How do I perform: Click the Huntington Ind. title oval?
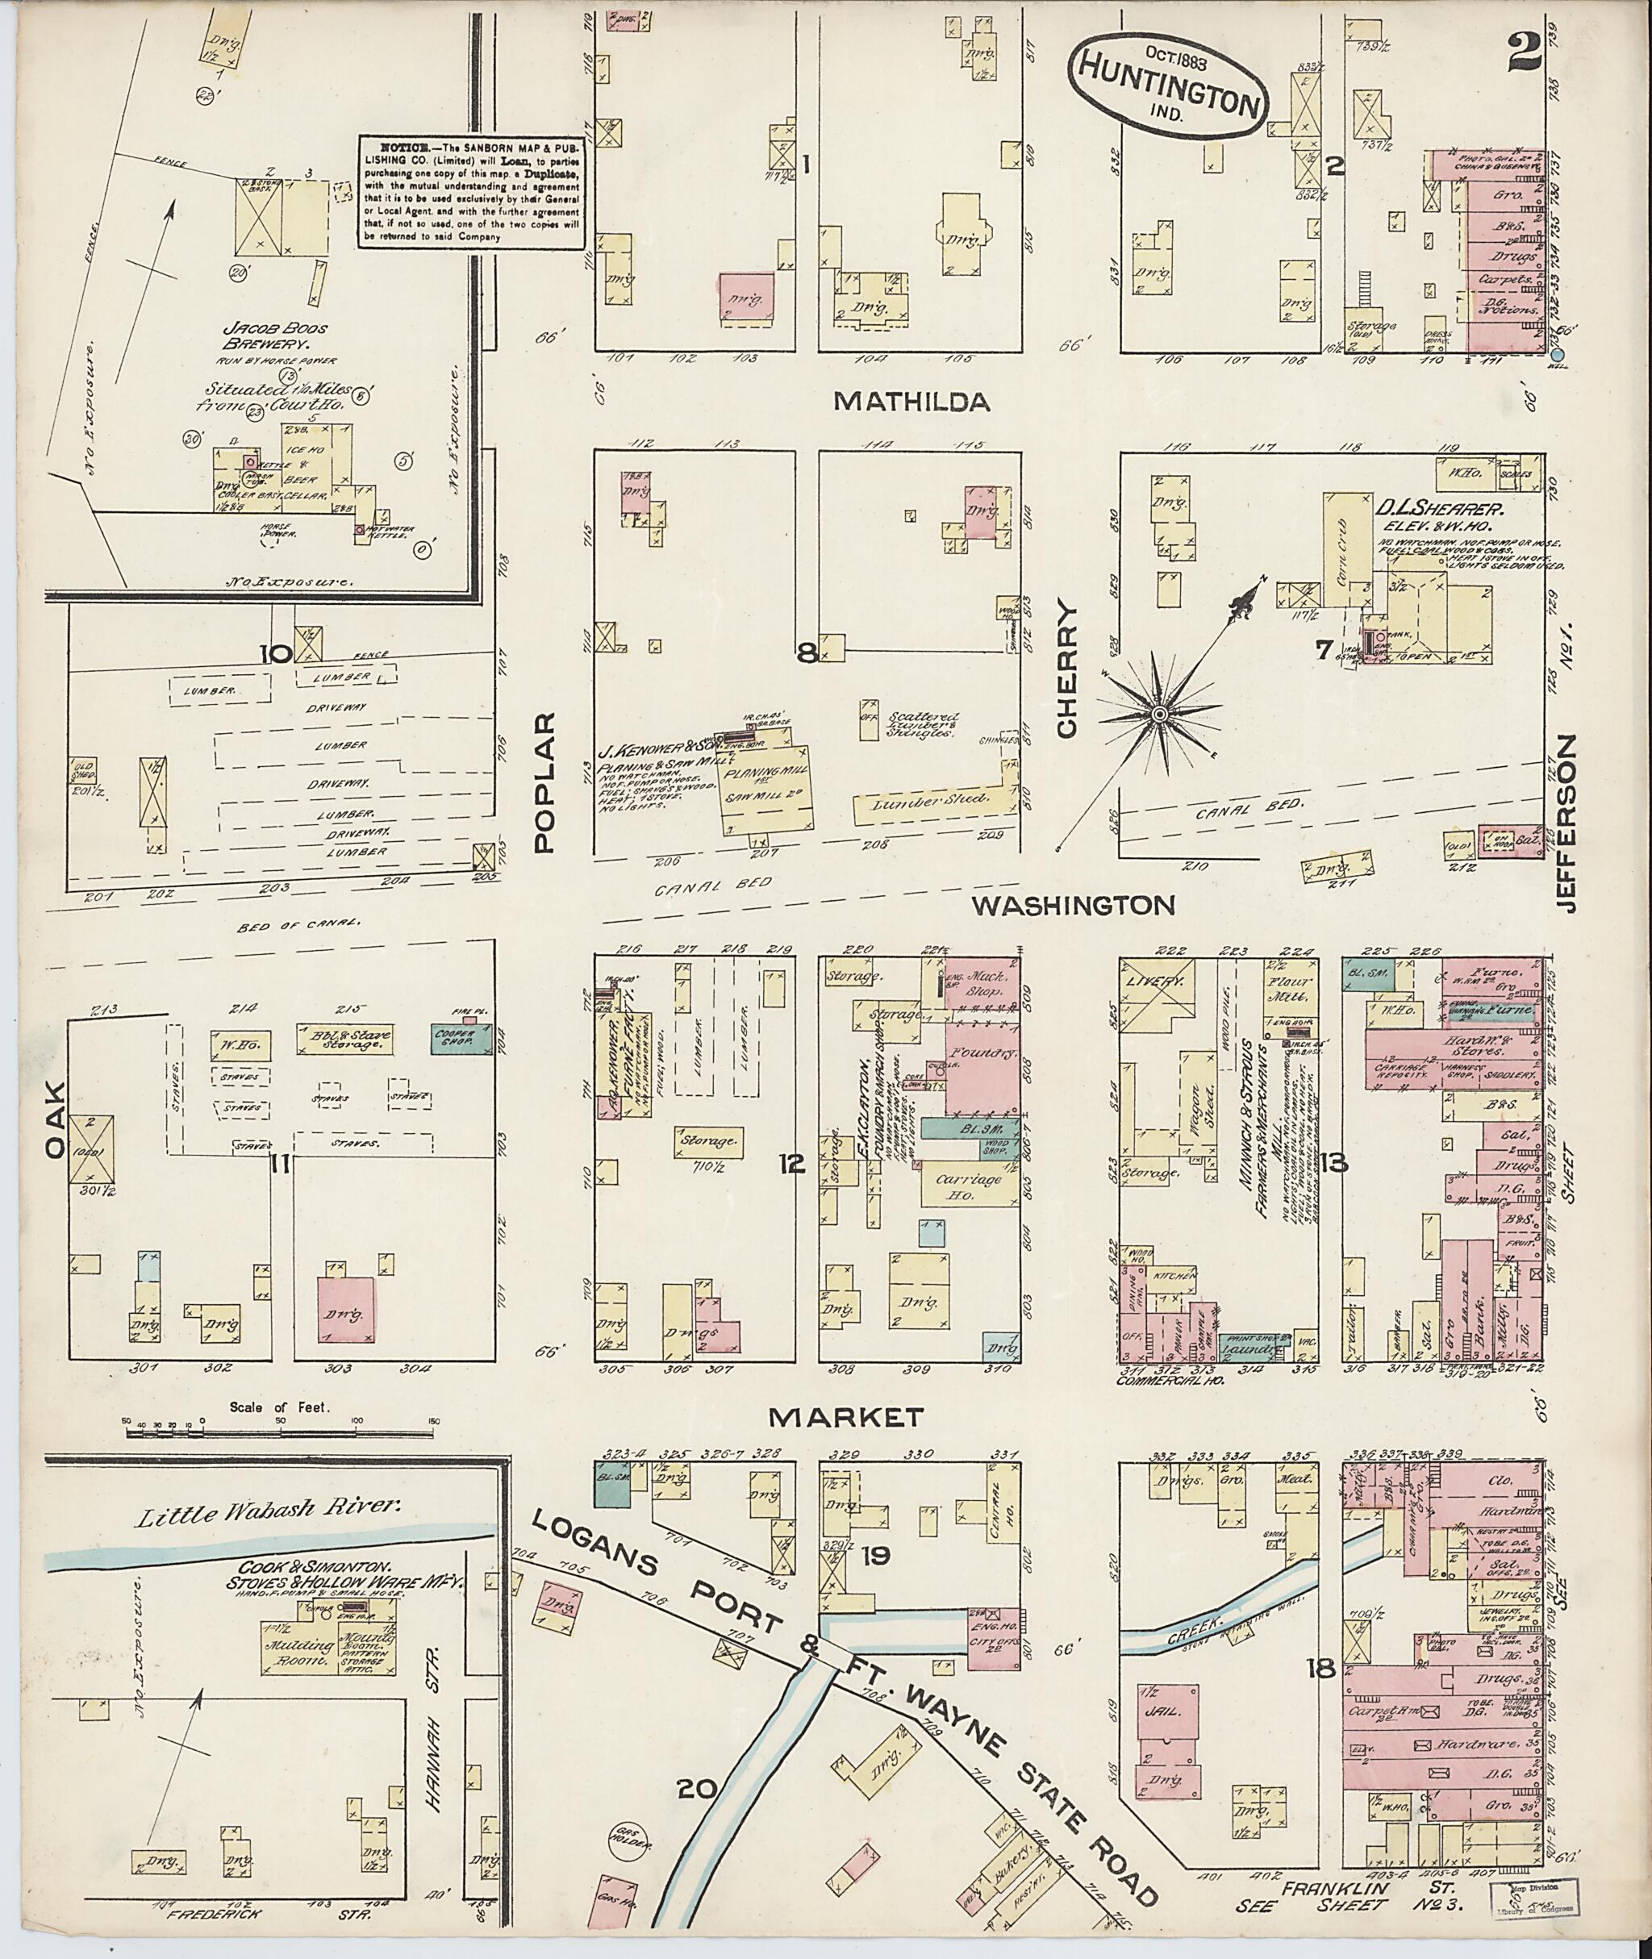(1168, 87)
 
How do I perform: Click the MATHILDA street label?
(912, 402)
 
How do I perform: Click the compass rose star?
(1159, 715)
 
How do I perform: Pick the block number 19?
(877, 1582)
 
